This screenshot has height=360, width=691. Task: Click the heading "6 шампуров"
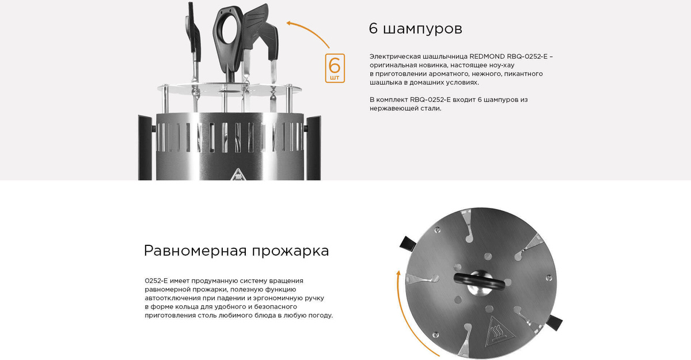pyautogui.click(x=415, y=29)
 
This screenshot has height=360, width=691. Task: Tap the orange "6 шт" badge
pyautogui.click(x=335, y=68)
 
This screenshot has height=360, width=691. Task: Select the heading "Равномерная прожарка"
pyautogui.click(x=236, y=251)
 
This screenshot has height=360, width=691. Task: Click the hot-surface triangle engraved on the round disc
pyautogui.click(x=499, y=332)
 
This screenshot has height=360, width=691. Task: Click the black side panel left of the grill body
pyautogui.click(x=145, y=148)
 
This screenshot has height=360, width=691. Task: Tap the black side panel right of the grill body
pyautogui.click(x=314, y=148)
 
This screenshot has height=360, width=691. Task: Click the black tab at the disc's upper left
pyautogui.click(x=407, y=243)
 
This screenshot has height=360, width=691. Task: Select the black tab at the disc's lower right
pyautogui.click(x=555, y=323)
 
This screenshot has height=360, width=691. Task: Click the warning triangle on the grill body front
pyautogui.click(x=237, y=175)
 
